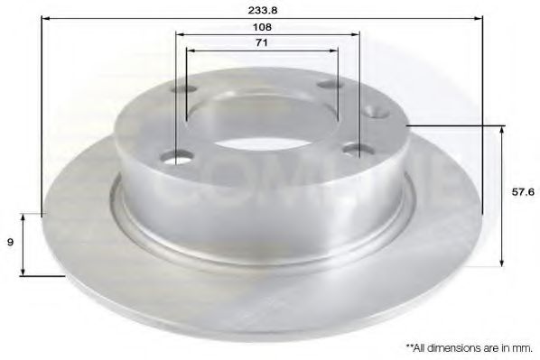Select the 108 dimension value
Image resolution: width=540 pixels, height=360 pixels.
(263, 28)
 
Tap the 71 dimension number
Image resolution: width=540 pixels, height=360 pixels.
(263, 42)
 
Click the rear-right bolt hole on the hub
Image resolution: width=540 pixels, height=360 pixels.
(327, 86)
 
